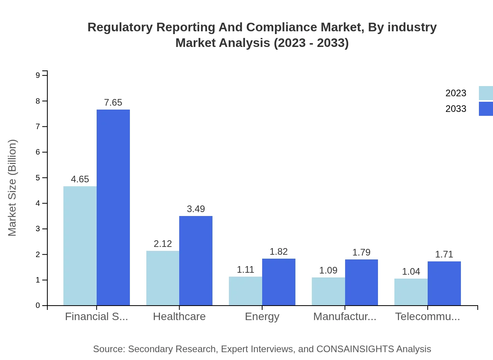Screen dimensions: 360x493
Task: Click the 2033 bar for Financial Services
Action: click(x=113, y=207)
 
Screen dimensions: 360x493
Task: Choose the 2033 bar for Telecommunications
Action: click(x=444, y=283)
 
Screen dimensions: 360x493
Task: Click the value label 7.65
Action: click(x=113, y=103)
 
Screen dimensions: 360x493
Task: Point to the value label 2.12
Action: click(x=163, y=244)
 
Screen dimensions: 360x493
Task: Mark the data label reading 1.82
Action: click(x=279, y=252)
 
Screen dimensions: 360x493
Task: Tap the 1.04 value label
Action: click(x=411, y=272)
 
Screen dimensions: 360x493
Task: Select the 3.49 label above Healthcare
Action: click(x=196, y=209)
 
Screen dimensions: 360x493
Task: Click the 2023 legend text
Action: click(x=456, y=93)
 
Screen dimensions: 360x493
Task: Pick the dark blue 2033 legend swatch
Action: click(x=486, y=109)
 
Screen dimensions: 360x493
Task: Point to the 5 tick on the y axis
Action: click(x=38, y=178)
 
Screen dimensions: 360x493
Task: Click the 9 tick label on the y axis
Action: click(x=38, y=75)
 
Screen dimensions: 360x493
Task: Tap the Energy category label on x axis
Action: click(x=262, y=317)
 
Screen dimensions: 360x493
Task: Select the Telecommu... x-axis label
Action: click(x=427, y=317)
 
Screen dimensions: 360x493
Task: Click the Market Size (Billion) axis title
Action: click(x=13, y=188)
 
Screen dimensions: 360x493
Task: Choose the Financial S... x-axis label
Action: click(x=96, y=317)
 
